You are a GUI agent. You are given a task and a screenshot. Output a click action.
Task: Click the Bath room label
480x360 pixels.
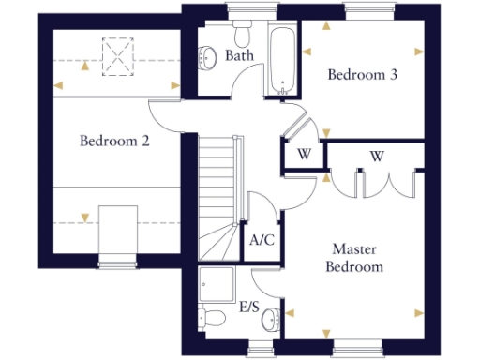pos(240,56)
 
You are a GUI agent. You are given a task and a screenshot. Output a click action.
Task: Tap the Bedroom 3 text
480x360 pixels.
pos(361,75)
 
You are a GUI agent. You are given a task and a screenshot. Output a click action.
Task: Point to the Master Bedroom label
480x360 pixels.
pos(354,258)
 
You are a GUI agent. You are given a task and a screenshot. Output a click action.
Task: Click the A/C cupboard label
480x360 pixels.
pos(262,239)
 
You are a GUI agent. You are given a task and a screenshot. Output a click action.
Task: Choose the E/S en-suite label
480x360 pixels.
pos(250,307)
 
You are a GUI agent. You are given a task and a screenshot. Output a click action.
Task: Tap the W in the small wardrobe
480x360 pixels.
pos(304,155)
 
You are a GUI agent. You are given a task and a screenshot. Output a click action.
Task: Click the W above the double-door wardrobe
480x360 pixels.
pos(378,155)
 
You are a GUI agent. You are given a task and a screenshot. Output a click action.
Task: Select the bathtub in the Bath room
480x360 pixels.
pos(282,60)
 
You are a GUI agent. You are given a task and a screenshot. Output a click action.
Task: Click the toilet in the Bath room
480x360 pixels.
pos(243,35)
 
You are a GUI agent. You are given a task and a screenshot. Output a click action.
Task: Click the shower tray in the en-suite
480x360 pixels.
pos(217,281)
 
